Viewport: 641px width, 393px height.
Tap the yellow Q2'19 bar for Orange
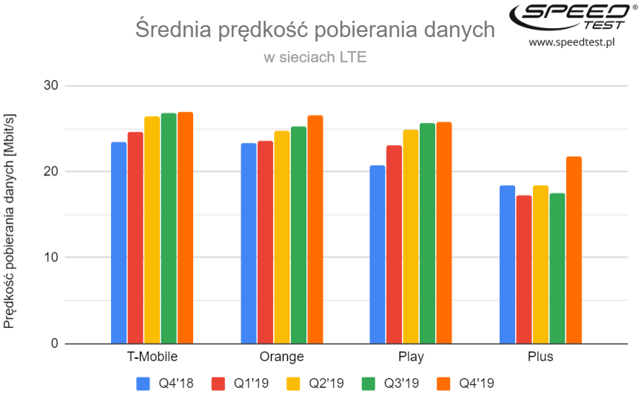[282, 237]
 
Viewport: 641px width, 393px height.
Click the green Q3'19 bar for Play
[427, 233]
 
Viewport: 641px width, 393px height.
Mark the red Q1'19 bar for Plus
[523, 269]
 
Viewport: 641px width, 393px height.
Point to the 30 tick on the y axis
[50, 86]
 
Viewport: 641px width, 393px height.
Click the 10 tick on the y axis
[50, 258]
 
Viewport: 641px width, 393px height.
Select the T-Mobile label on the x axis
[152, 357]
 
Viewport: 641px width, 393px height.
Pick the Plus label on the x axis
[540, 357]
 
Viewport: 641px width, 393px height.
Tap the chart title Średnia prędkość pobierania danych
[315, 30]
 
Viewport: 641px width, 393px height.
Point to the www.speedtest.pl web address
[572, 43]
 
